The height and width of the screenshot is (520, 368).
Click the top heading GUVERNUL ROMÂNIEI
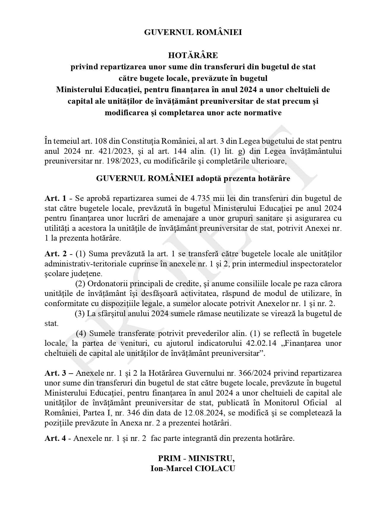click(x=193, y=32)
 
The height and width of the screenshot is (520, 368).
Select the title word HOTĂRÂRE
click(x=193, y=55)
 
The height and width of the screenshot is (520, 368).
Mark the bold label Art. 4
click(x=55, y=439)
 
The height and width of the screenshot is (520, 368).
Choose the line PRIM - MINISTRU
click(x=196, y=458)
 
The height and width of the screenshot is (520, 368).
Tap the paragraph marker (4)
click(x=81, y=334)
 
